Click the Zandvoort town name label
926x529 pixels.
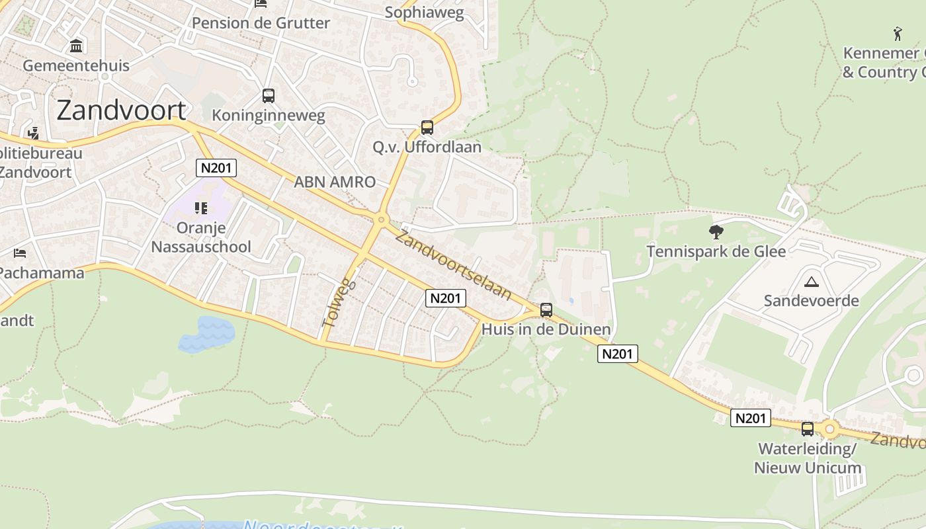[122, 110]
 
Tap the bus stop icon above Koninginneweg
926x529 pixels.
[268, 96]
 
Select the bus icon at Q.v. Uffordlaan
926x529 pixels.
[427, 127]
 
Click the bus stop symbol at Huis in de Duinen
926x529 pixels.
[546, 309]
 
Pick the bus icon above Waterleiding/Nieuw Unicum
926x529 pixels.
[808, 428]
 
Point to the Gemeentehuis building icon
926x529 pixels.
[76, 46]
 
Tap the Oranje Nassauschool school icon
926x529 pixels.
[201, 209]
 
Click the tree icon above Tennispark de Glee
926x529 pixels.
[716, 231]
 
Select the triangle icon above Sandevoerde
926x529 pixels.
[811, 282]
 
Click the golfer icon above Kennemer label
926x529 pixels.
[898, 33]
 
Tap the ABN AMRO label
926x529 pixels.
[335, 182]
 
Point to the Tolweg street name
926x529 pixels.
[339, 303]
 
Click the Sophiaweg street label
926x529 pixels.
[424, 13]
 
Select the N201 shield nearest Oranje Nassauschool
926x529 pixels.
[216, 168]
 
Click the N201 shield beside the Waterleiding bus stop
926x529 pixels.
[751, 418]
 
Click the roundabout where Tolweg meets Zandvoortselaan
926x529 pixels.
[381, 220]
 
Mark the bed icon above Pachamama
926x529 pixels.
[20, 253]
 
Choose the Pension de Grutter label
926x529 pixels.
[261, 23]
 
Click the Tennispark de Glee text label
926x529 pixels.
[716, 251]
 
